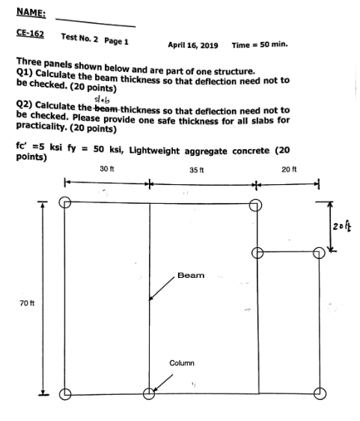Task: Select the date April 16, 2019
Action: point(193,45)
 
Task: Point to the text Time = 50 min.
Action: point(260,45)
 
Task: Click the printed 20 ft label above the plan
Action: point(289,169)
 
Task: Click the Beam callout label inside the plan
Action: point(190,276)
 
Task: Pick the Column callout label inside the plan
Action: point(182,363)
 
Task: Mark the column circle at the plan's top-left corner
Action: point(65,202)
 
